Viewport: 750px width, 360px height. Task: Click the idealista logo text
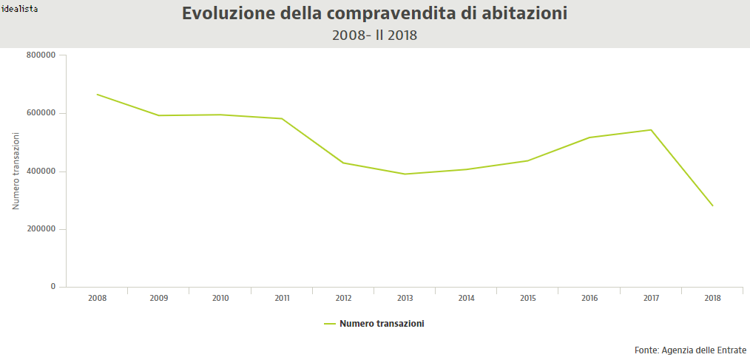pos(20,9)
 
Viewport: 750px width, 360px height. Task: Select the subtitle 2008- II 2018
pos(375,35)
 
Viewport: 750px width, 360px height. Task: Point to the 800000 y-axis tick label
pos(41,55)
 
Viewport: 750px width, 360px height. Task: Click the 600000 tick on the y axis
pos(41,113)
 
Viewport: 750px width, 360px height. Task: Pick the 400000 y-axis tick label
pos(41,171)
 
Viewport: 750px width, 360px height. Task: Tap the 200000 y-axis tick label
pos(41,229)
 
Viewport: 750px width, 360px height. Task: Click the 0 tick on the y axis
pos(53,287)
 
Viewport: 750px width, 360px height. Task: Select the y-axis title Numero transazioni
pos(16,171)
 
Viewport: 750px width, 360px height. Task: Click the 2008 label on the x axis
pos(97,299)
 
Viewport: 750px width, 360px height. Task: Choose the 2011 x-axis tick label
pos(282,299)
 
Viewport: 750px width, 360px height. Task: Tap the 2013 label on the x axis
pos(405,299)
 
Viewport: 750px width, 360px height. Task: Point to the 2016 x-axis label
pos(589,299)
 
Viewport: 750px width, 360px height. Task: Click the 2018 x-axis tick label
pos(712,299)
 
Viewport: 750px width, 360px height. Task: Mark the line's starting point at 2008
pos(97,94)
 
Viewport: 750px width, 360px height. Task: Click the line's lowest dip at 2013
pos(405,174)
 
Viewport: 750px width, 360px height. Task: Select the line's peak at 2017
pos(651,129)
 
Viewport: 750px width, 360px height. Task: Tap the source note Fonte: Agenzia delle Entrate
pos(690,350)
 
